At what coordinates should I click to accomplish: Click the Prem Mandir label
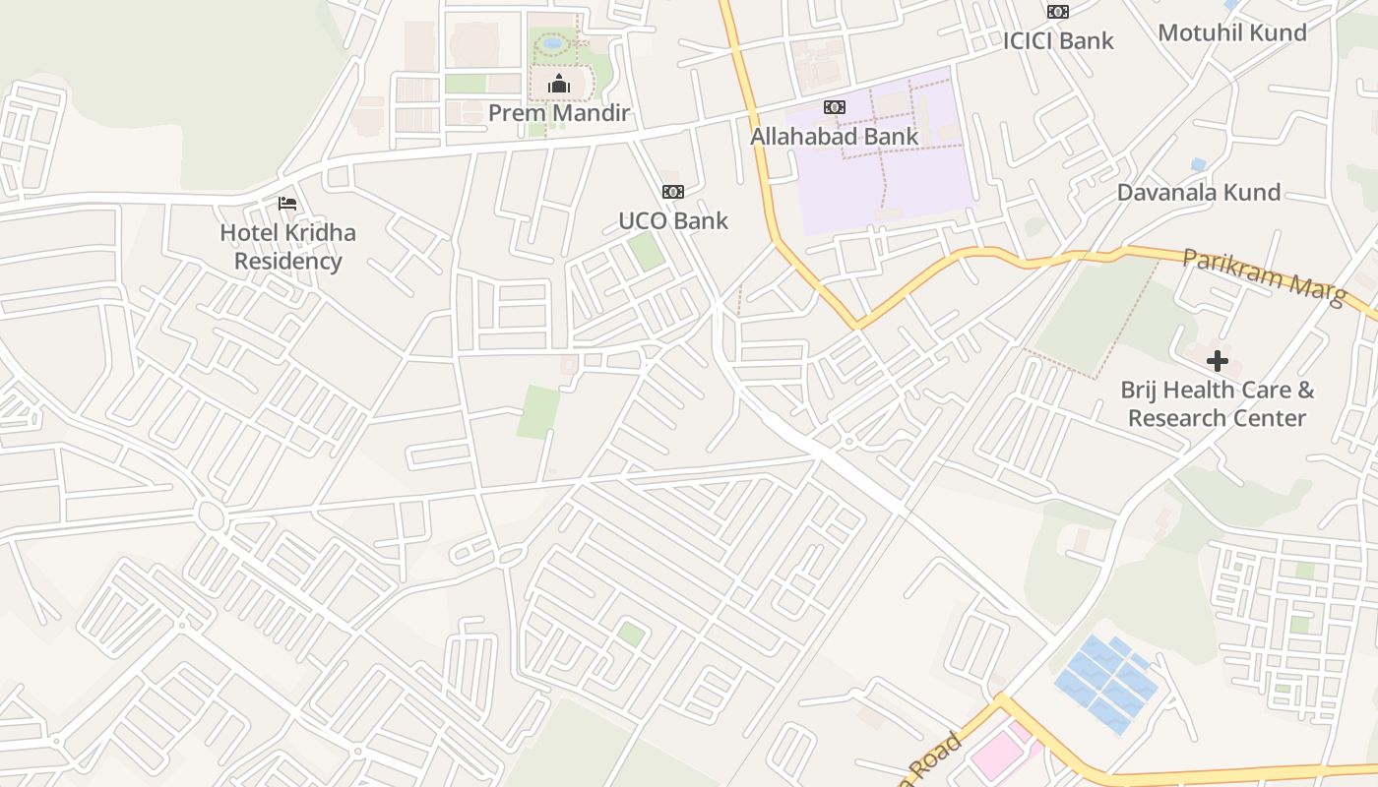(558, 113)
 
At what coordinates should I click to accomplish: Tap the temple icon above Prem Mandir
(559, 85)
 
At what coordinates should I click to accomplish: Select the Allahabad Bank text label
(834, 136)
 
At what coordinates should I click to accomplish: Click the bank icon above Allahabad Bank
(834, 107)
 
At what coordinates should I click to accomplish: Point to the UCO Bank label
(673, 220)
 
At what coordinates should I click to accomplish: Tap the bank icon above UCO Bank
(673, 192)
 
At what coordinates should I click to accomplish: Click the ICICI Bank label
(1058, 40)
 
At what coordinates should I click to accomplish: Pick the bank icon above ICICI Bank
(1058, 12)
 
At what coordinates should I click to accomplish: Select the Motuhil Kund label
(1232, 32)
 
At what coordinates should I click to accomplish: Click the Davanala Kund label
(1198, 192)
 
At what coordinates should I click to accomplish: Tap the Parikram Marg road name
(1264, 276)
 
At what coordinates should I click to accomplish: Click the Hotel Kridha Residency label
(287, 247)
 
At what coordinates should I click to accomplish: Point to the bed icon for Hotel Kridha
(287, 204)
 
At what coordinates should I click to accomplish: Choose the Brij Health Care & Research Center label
(1218, 403)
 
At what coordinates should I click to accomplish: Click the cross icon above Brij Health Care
(1218, 361)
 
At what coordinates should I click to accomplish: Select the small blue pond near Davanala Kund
(1198, 164)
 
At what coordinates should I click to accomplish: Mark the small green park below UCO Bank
(646, 251)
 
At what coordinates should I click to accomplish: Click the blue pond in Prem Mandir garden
(552, 44)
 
